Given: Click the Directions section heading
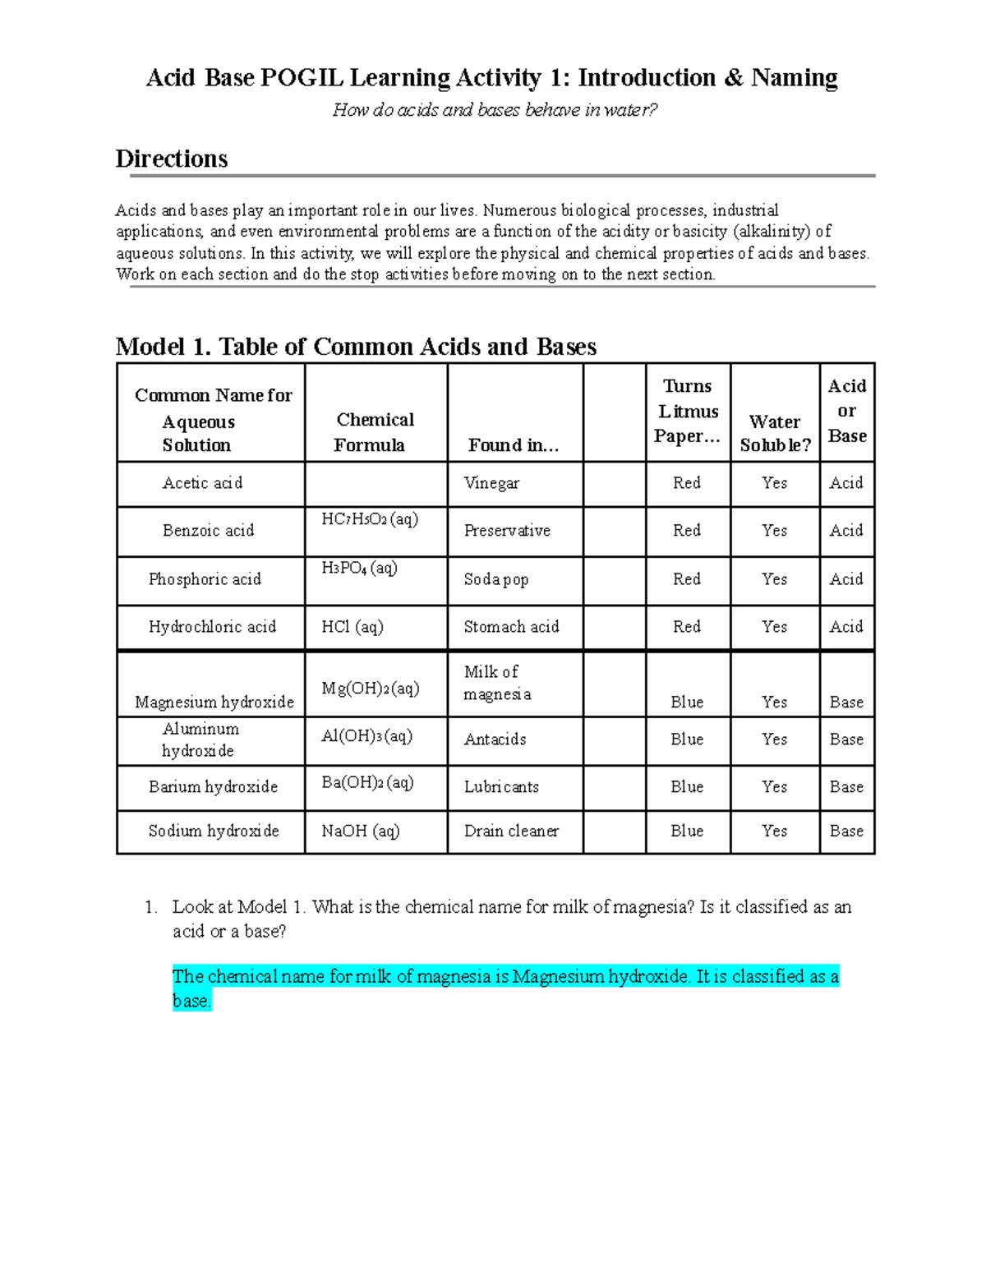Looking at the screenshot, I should click(172, 159).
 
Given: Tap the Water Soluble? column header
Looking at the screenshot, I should click(775, 433).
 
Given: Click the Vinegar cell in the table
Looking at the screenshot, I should click(491, 483).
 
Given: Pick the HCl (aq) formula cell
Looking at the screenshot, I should click(352, 627).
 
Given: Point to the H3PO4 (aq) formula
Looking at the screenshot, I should click(359, 568).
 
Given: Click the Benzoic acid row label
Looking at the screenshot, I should click(209, 531).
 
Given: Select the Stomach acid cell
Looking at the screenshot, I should click(511, 627).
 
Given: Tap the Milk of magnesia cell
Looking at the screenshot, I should click(497, 683).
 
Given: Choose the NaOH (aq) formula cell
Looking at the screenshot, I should click(361, 831).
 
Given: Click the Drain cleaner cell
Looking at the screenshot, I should click(511, 831).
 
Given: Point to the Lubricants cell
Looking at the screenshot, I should click(501, 786).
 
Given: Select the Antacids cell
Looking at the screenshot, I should click(495, 739).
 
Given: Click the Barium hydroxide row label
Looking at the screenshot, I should click(213, 786).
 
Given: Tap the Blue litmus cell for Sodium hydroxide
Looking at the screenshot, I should click(687, 831).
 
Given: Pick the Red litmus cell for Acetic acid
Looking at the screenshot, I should click(687, 483).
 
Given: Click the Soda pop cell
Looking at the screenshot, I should click(496, 579).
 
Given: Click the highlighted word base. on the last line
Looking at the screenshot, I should click(192, 1001).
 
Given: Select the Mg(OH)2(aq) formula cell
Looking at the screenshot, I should click(371, 689).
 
